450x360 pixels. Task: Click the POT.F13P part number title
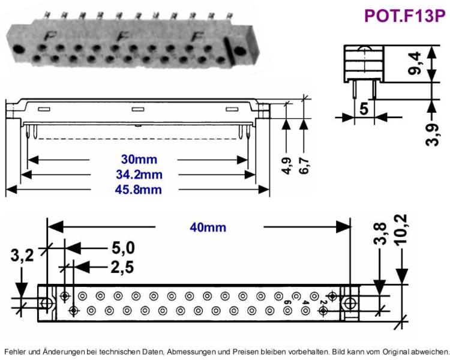point(404,16)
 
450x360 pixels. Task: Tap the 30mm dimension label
point(139,160)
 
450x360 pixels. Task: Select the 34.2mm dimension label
point(139,175)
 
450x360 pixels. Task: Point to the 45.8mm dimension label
point(139,190)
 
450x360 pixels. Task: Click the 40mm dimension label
point(208,227)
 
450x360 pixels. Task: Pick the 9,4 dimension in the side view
point(415,64)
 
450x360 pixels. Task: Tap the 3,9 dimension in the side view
point(432,134)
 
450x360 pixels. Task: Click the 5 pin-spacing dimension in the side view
point(364,109)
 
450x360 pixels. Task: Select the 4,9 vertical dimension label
point(287,166)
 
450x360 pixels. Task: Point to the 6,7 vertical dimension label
point(304,166)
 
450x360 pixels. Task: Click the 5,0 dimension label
point(123,248)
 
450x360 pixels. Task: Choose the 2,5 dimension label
point(122,268)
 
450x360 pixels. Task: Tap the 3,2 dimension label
point(22,255)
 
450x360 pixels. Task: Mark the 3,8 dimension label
point(380,233)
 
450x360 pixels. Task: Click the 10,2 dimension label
point(401,229)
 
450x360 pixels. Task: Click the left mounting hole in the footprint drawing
point(46,303)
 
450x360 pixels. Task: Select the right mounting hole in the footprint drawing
point(350,303)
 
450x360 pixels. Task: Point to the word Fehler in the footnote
point(16,352)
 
